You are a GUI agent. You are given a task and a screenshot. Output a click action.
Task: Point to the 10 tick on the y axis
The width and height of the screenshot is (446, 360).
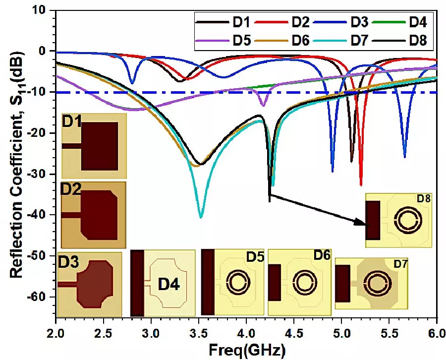pyautogui.click(x=45, y=10)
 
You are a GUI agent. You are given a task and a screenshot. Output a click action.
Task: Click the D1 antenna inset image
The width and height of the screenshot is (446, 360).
pyautogui.click(x=94, y=146)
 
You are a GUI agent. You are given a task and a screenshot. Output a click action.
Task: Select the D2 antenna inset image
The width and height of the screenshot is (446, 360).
pyautogui.click(x=94, y=215)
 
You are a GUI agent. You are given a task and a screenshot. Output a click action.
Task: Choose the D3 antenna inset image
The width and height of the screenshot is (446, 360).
pyautogui.click(x=90, y=284)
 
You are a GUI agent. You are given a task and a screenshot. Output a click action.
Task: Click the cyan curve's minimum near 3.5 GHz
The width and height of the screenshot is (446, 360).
pyautogui.click(x=201, y=217)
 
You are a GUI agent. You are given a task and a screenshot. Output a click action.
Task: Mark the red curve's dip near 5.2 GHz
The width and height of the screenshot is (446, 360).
pyautogui.click(x=361, y=185)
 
